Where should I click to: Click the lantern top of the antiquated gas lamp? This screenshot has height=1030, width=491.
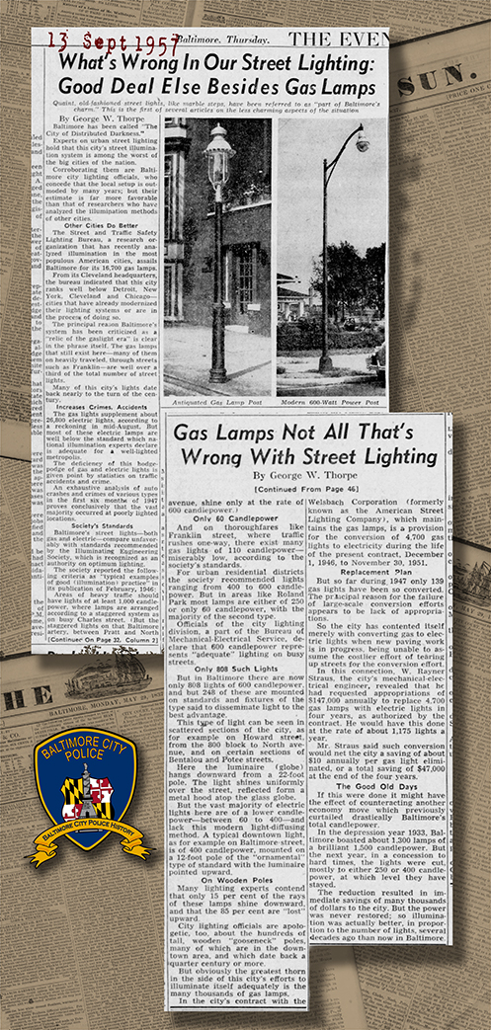coord(217,144)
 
